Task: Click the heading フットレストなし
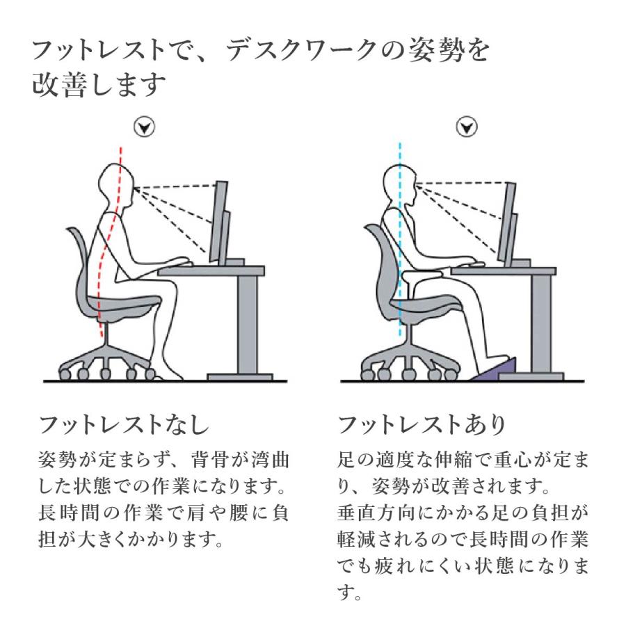(123, 424)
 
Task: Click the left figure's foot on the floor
(171, 374)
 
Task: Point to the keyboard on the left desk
(177, 263)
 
